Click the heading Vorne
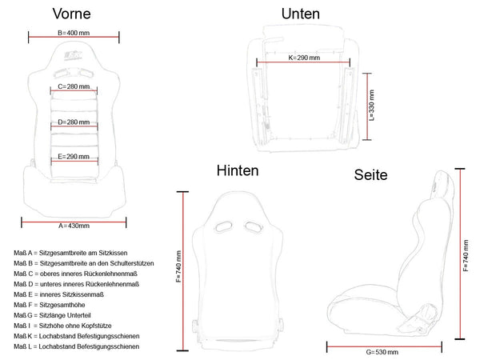coord(72,14)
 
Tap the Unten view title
coord(300,14)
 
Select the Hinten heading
coord(238,170)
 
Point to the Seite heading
coord(370,174)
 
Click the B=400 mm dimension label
coord(74,33)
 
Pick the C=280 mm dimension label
coord(74,86)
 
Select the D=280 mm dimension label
coord(74,122)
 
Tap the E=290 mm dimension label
coord(74,157)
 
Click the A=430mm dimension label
coord(74,226)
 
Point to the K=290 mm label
coord(304,58)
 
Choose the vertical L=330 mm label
coord(372,106)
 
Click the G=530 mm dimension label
coord(382,352)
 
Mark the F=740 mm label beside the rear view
coord(178,266)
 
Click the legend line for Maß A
coord(70,253)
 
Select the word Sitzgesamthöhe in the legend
coord(62,305)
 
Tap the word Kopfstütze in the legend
coord(96,326)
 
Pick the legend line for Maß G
coord(52,315)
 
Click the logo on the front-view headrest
coord(73,56)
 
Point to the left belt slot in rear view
coord(223,227)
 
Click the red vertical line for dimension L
coord(366,106)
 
